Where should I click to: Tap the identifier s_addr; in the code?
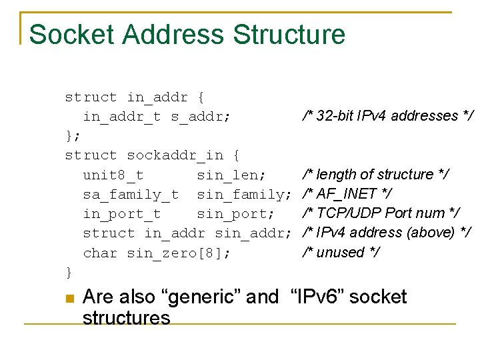tap(201, 117)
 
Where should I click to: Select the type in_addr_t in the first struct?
tap(121, 117)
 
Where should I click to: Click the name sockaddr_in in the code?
tap(175, 155)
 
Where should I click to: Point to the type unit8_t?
tap(113, 175)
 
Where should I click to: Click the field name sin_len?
tap(231, 175)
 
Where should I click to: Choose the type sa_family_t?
tap(131, 195)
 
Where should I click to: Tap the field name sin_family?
tap(244, 195)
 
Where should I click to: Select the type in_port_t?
tap(121, 214)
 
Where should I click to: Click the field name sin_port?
tap(235, 214)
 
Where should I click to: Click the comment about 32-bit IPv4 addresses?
tap(387, 116)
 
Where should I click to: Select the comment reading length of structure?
tap(375, 175)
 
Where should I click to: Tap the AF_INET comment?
tap(347, 194)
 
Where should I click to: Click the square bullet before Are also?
tap(69, 298)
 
